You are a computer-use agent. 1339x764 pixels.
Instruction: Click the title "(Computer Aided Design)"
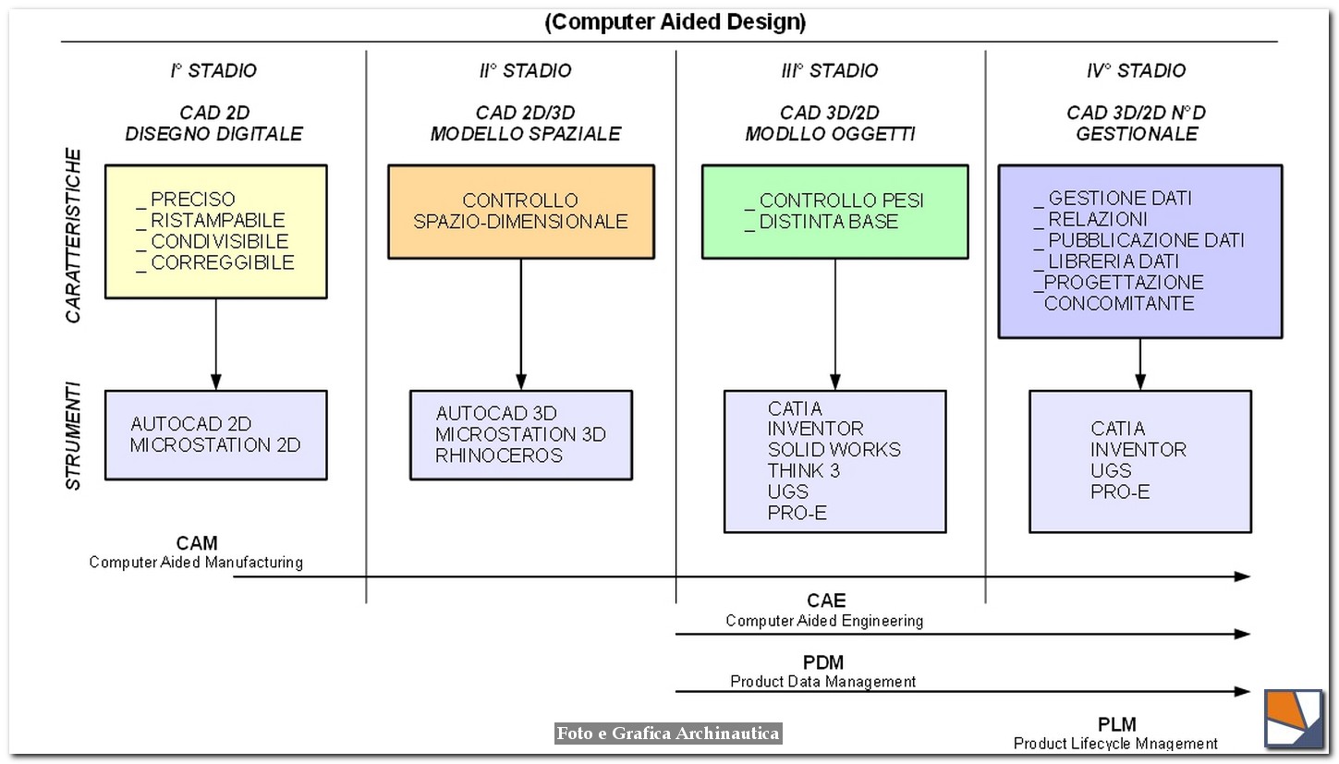pos(675,22)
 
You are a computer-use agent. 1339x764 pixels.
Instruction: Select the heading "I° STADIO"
pos(213,70)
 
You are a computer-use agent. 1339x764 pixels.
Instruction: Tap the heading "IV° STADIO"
pos(1136,70)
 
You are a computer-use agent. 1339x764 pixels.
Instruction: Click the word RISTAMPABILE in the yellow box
pos(217,220)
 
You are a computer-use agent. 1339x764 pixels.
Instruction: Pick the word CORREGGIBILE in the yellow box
pos(222,262)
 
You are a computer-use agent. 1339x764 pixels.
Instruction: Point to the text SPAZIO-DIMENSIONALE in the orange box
pos(520,222)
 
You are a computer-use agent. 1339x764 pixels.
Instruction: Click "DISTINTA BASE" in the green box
pos(828,222)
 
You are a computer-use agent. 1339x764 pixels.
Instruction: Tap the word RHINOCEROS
pos(499,455)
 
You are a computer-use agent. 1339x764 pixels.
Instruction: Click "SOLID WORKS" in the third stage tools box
pos(834,450)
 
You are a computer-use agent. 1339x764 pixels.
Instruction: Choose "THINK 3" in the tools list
pos(803,471)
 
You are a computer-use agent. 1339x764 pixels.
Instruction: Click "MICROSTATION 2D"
pos(215,445)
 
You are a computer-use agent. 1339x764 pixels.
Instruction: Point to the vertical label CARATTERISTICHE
pos(74,236)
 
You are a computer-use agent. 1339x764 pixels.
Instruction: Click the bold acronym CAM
pos(197,543)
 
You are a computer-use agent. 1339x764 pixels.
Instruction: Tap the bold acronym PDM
pos(822,662)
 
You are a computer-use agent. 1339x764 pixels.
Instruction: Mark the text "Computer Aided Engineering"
pos(823,621)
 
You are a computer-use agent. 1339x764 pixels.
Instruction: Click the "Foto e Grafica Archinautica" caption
pos(668,734)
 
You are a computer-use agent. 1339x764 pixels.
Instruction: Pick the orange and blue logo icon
pos(1294,718)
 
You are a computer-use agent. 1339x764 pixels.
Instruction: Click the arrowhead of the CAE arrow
pos(1243,634)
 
